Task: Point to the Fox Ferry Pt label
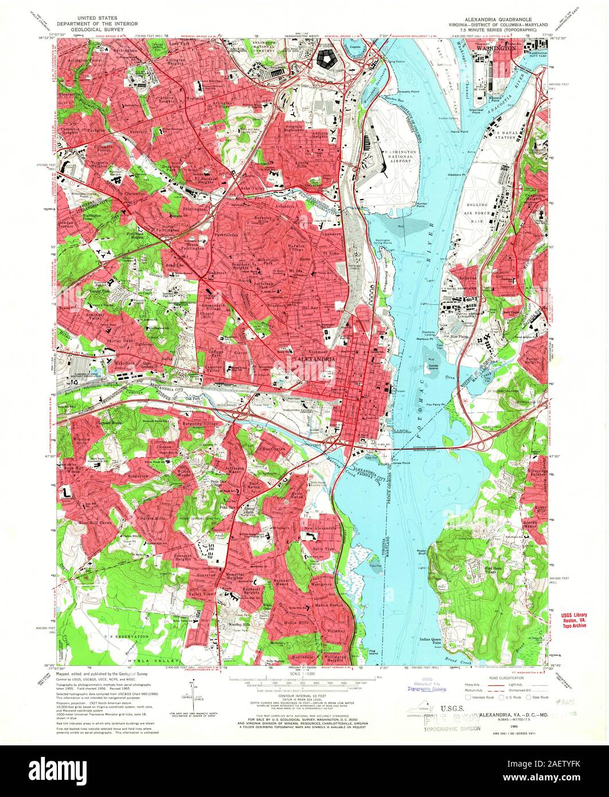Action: click(x=438, y=405)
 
